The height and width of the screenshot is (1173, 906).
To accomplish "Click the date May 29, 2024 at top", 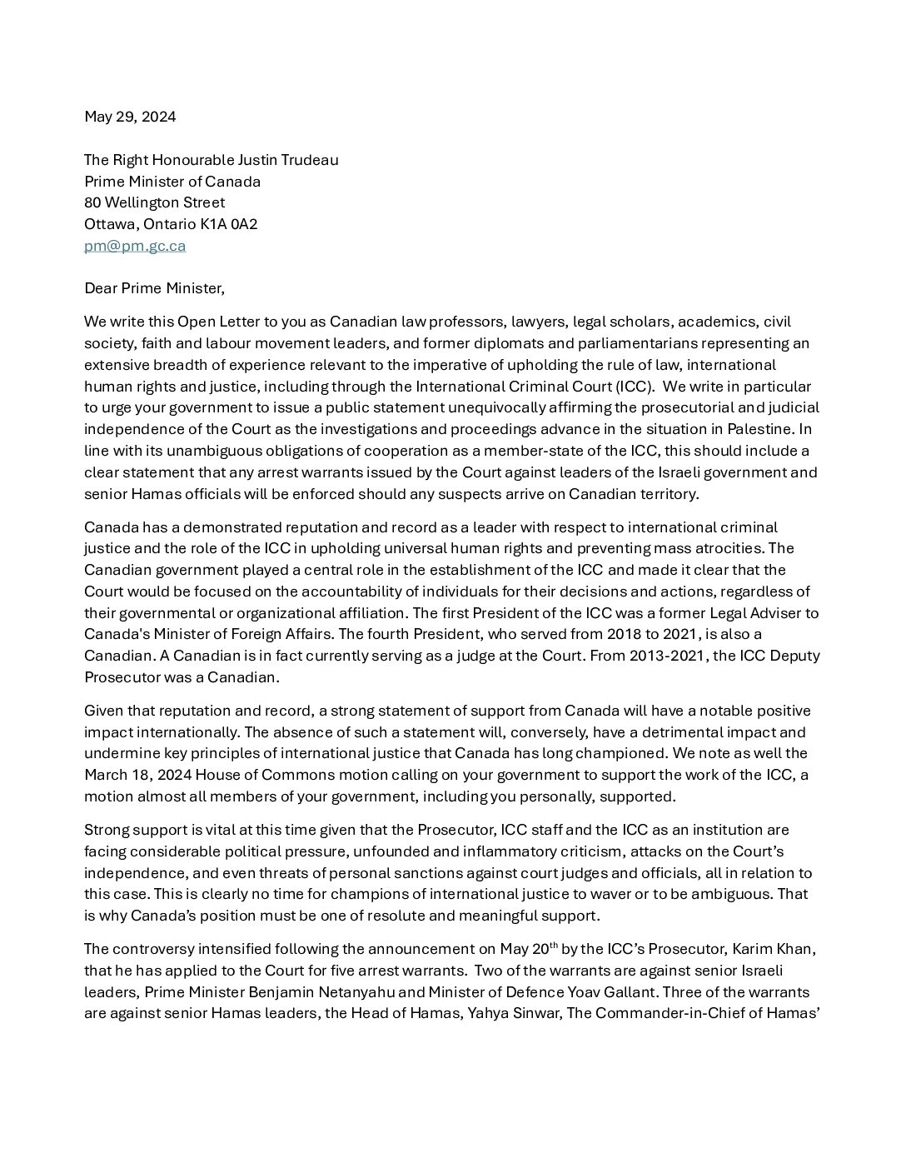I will point(130,117).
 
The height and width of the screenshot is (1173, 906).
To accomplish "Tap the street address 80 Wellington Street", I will point(154,202).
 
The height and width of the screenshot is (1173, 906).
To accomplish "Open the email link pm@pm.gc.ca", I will point(135,246).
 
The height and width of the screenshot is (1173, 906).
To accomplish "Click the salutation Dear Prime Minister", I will point(154,288).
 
